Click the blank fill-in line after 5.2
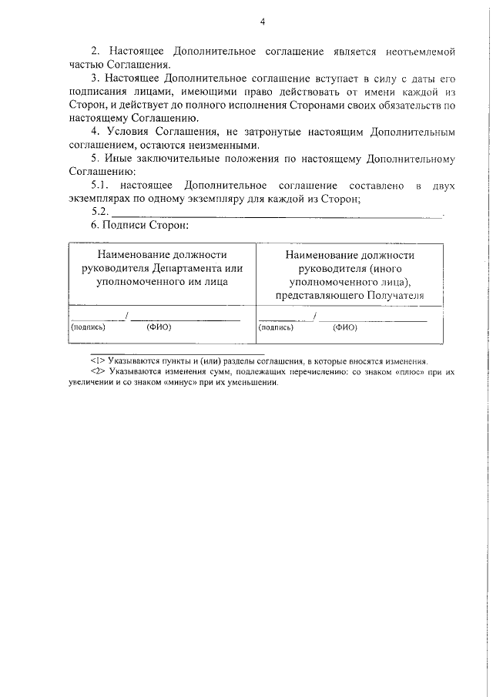277,215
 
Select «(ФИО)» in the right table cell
345,327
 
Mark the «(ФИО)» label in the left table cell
158,327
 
